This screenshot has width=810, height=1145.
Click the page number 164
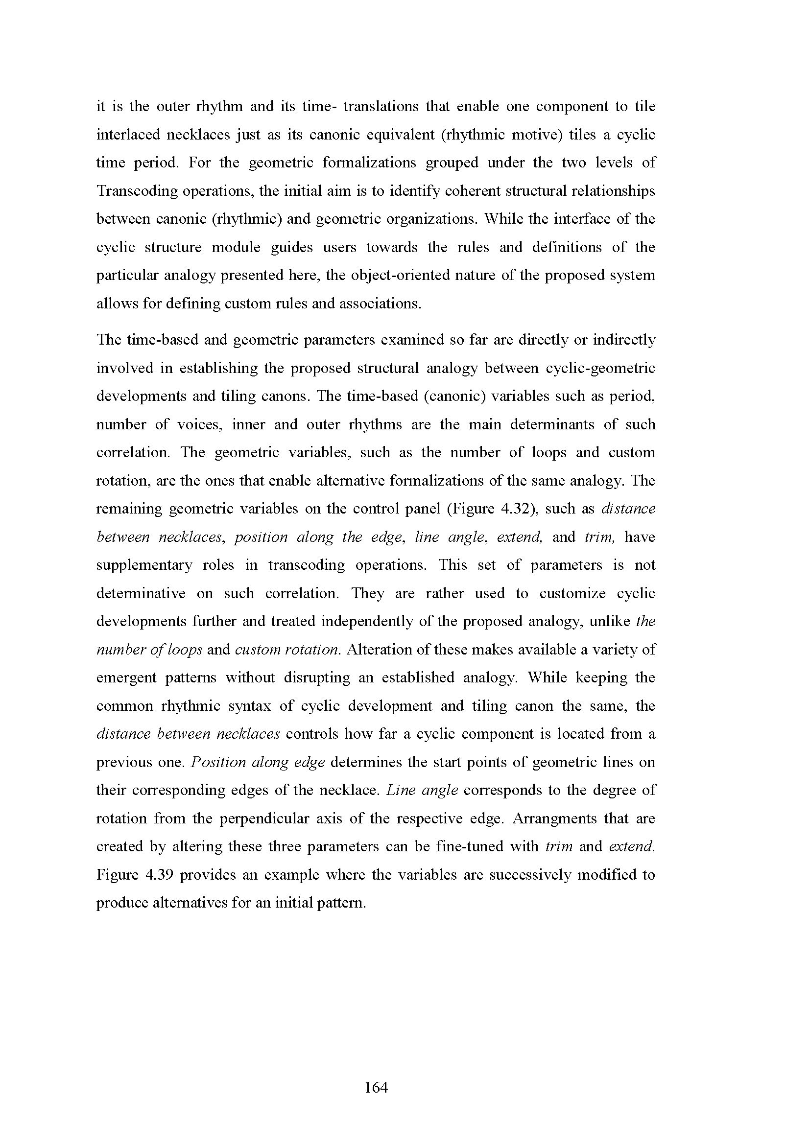point(376,1087)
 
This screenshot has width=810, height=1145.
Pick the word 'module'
point(236,247)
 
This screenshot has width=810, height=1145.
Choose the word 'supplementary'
point(144,565)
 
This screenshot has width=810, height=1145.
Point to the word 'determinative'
point(141,593)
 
